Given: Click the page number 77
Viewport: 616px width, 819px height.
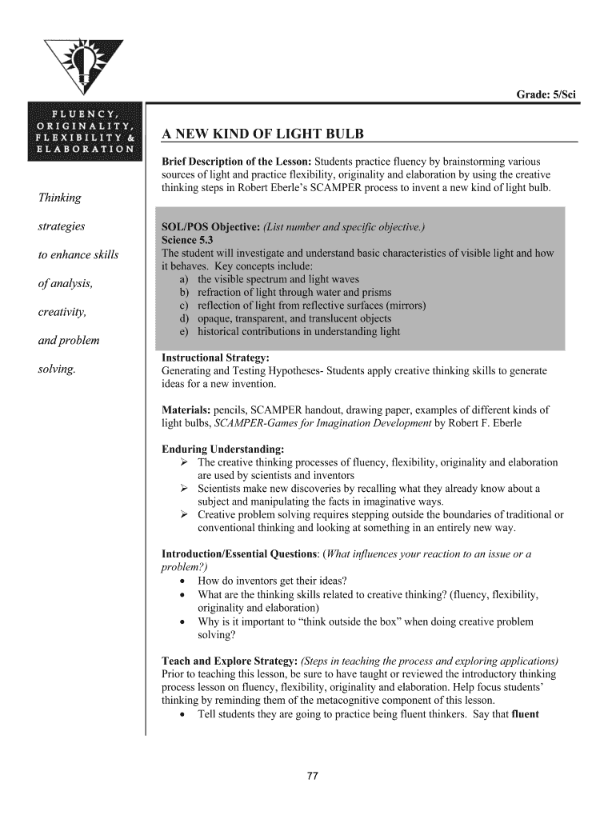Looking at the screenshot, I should (x=314, y=775).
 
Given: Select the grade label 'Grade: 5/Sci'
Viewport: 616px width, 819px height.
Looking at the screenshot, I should (x=546, y=95).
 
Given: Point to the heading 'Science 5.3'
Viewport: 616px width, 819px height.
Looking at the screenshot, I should (x=187, y=240).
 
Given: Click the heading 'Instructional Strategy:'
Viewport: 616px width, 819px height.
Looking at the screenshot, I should (x=215, y=358).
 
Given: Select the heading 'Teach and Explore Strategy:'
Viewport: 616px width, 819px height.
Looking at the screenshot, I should (x=230, y=661).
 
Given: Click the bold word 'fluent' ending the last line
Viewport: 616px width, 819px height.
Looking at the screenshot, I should (x=525, y=714).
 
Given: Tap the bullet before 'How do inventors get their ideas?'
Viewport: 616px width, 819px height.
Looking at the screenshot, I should (x=185, y=581).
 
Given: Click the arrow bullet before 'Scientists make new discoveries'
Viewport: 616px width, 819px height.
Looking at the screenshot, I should (x=184, y=488).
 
